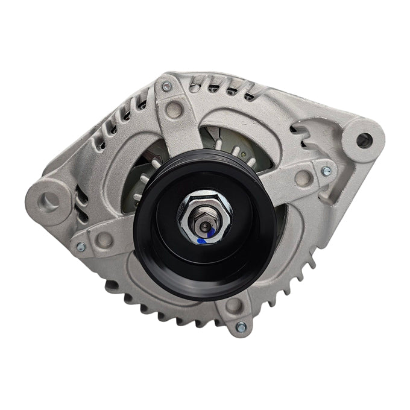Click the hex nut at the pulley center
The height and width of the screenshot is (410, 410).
204,210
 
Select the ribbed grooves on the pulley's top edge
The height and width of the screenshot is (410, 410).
193,158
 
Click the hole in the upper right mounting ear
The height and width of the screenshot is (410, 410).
362,140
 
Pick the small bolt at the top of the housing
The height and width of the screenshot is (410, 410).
167,87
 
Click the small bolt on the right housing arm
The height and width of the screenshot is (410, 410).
326,171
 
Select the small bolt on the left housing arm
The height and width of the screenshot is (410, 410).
80,247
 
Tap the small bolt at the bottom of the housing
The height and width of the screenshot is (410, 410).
240,327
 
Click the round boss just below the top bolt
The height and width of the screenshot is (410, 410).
174,109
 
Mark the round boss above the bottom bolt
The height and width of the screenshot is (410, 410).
232,305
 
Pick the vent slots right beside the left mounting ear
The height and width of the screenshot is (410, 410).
81,193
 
